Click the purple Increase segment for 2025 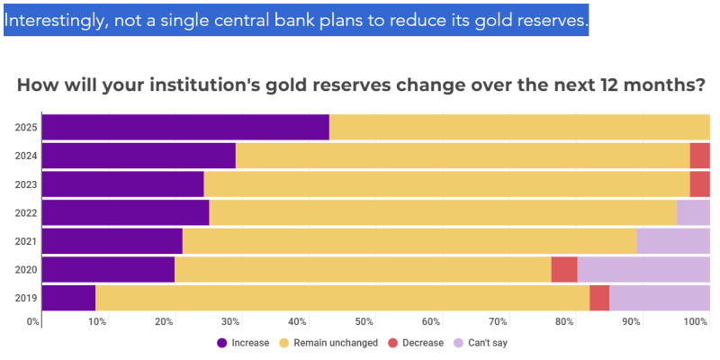(x=185, y=128)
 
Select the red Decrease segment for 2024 (x=699, y=156)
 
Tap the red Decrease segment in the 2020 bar (x=564, y=269)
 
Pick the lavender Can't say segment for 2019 (x=660, y=297)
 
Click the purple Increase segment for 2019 (x=68, y=297)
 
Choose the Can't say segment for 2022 (x=693, y=212)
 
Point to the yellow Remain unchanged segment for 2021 (x=409, y=241)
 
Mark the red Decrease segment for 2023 (x=699, y=184)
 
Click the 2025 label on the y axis (x=25, y=128)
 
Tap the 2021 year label (x=25, y=241)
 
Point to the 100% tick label (x=696, y=321)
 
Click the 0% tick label (x=33, y=321)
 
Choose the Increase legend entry (x=243, y=342)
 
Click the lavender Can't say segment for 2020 (x=643, y=269)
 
